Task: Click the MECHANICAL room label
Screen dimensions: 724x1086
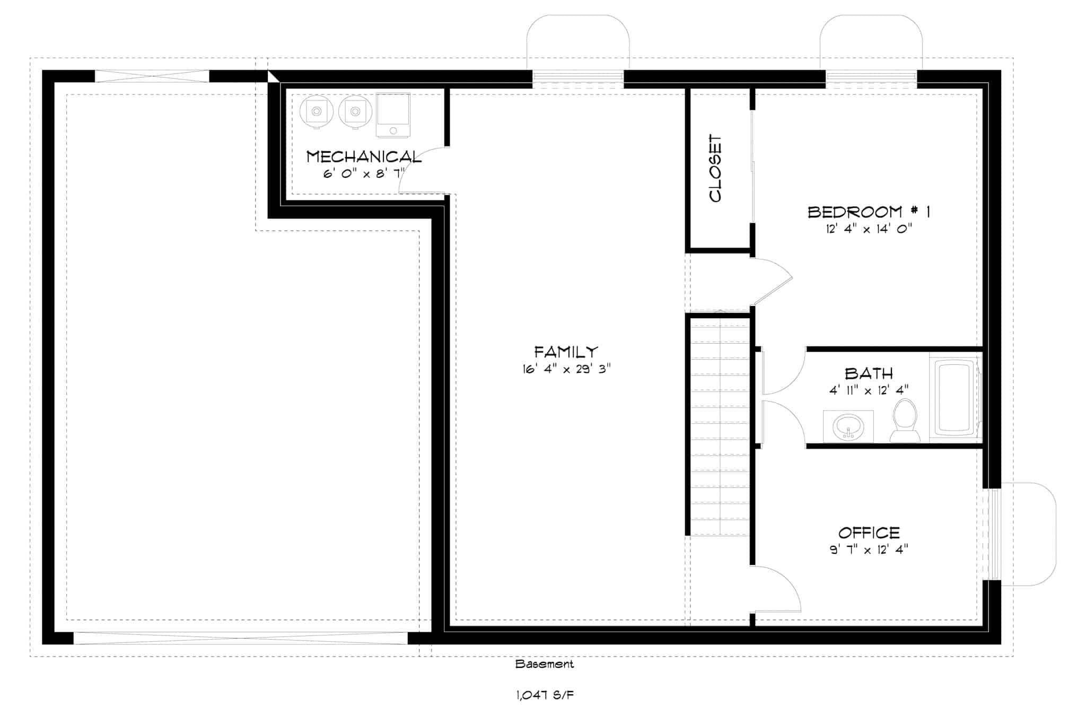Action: coord(364,156)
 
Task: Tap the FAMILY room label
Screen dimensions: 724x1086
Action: coord(566,352)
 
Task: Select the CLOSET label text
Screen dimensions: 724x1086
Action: coord(716,168)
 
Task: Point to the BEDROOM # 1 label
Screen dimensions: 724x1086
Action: coord(868,212)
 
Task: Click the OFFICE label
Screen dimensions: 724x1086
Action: coord(869,533)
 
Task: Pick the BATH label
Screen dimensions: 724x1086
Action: coord(869,373)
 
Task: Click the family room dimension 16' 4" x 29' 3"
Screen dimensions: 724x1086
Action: coord(566,369)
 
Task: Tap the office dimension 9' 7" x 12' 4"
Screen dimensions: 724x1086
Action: coord(869,550)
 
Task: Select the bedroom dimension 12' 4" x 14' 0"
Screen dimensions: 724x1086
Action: coord(868,229)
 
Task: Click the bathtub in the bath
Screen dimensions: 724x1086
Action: coord(954,398)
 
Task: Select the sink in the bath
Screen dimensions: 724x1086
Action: coord(848,427)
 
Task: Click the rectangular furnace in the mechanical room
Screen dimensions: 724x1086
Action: coord(393,115)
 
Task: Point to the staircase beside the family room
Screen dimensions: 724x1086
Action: coord(720,424)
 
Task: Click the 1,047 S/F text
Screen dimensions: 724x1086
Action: coord(545,695)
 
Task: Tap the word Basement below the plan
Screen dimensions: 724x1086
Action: coord(544,664)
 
